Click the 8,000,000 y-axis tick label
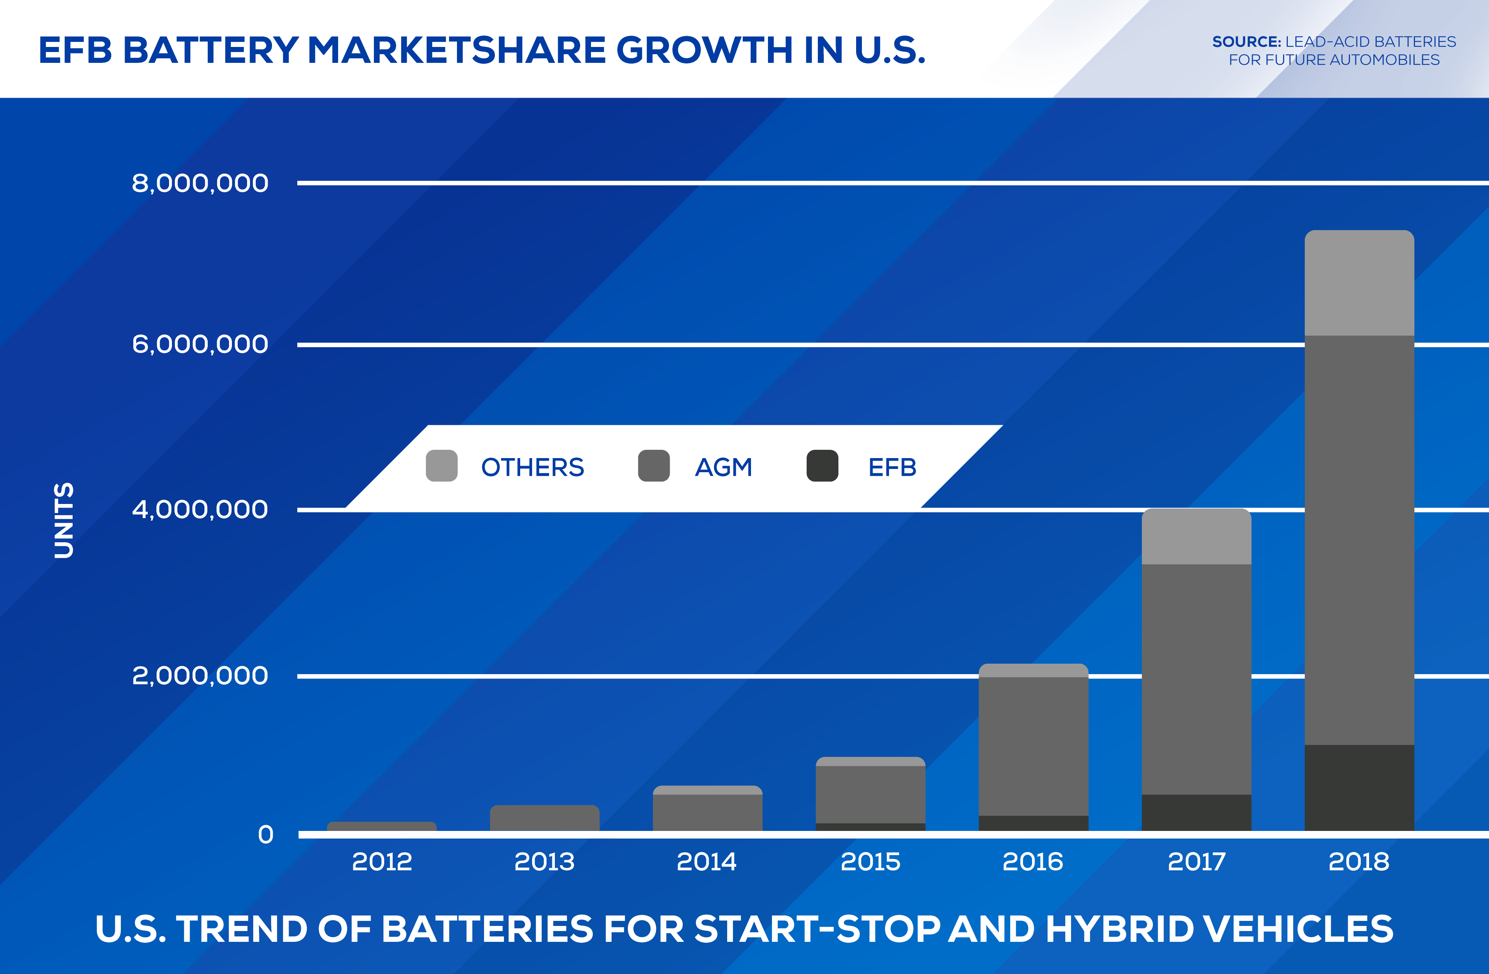199,183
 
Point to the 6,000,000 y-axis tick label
199,344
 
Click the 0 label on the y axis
265,835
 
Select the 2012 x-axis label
381,862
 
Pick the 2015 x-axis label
870,862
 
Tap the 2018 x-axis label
1359,862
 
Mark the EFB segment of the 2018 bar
1359,788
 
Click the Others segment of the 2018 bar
1359,283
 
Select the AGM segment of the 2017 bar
1196,679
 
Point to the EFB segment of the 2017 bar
1196,813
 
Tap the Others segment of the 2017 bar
1196,537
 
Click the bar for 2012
381,826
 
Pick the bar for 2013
544,818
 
